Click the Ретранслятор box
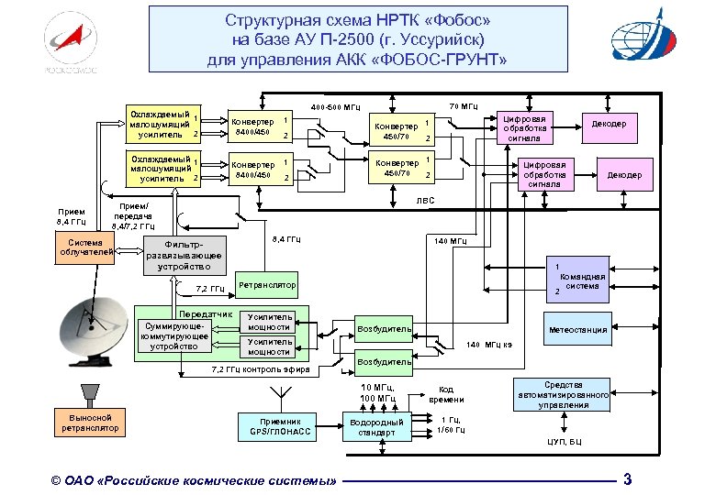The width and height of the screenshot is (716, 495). tap(267, 286)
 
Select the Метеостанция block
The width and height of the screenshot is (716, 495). tap(577, 330)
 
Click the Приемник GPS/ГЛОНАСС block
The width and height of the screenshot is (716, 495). tap(274, 427)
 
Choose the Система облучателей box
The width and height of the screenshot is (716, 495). tap(84, 247)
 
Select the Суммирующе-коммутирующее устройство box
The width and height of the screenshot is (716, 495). tap(173, 336)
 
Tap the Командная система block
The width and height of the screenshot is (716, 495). tap(580, 279)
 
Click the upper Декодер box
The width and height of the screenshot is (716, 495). tap(609, 124)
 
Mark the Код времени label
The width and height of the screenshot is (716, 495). tap(452, 394)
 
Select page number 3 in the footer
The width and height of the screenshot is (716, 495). tap(627, 478)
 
